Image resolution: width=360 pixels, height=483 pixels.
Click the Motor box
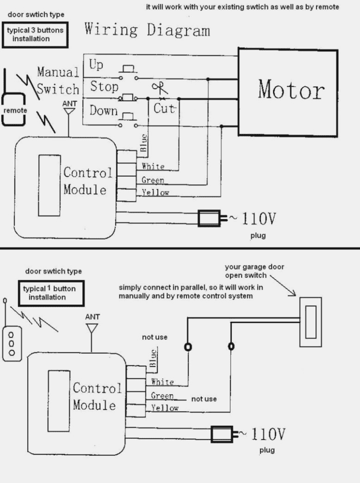coord(288,92)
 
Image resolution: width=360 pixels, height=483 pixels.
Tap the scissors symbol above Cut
coord(160,89)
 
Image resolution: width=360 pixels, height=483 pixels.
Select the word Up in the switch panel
coord(96,65)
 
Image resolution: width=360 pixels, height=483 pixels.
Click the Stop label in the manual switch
coord(104,86)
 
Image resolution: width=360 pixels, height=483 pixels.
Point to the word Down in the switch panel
coord(103,110)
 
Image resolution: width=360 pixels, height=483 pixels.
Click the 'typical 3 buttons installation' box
coord(35,34)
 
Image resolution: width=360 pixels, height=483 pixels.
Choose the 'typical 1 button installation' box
coord(51,293)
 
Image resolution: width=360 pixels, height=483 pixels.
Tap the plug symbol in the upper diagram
coord(212,219)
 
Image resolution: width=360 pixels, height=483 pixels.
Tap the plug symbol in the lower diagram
coord(224,434)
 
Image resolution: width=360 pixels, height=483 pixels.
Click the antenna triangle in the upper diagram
coord(69,111)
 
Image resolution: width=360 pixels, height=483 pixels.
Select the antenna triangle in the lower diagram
coord(92,328)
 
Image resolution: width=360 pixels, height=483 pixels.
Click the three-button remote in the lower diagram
coord(11,344)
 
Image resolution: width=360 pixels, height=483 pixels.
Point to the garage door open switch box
coord(310,322)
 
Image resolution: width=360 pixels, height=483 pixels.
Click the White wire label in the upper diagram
coord(153,167)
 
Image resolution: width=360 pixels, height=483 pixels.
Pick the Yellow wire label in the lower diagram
coord(165,408)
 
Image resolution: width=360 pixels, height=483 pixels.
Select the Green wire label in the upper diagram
coord(153,180)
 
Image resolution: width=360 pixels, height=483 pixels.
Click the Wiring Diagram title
coord(147,30)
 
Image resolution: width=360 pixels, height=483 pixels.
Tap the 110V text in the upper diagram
coord(259,219)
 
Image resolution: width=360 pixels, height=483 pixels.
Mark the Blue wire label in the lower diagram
coord(153,358)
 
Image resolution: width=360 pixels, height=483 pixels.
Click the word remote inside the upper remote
coord(16,110)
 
